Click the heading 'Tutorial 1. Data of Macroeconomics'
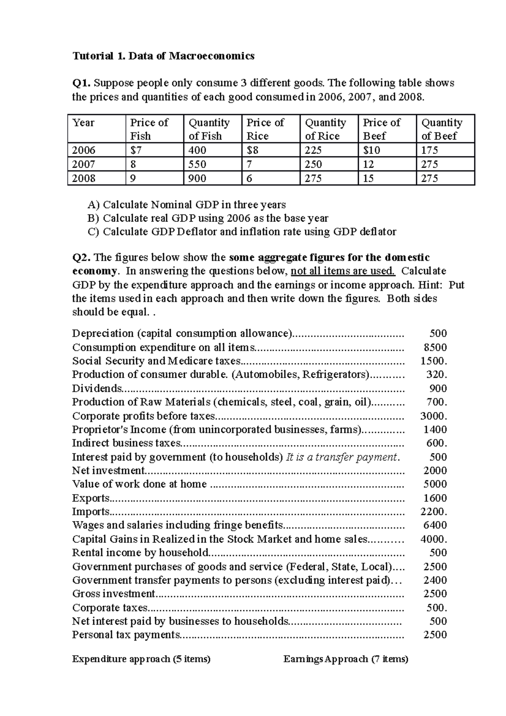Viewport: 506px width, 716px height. pyautogui.click(x=163, y=56)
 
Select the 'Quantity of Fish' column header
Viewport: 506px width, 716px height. pyautogui.click(x=209, y=129)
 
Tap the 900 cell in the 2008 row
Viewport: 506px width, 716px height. pyautogui.click(x=197, y=178)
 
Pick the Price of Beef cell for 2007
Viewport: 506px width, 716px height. pyautogui.click(x=368, y=164)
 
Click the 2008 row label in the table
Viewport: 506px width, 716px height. pyautogui.click(x=84, y=178)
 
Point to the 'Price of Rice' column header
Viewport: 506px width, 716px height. pyautogui.click(x=265, y=129)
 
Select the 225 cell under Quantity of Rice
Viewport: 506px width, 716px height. pyautogui.click(x=313, y=150)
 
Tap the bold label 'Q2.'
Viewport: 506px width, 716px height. pyautogui.click(x=82, y=257)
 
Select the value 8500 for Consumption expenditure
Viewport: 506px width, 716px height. pyautogui.click(x=435, y=347)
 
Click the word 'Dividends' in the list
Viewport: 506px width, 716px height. pyautogui.click(x=97, y=388)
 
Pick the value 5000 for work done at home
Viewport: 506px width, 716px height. pyautogui.click(x=435, y=484)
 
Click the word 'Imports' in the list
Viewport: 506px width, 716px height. pyautogui.click(x=91, y=511)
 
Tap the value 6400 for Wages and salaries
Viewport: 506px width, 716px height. pyautogui.click(x=435, y=525)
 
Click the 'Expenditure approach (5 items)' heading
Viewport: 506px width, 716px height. pyautogui.click(x=141, y=659)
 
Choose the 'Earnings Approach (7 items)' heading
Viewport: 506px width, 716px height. pyautogui.click(x=346, y=659)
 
